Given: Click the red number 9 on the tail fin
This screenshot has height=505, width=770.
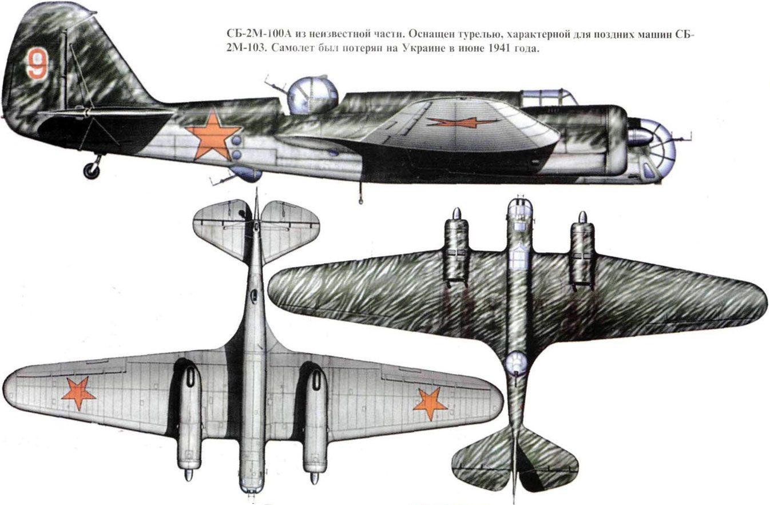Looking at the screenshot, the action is pyautogui.click(x=37, y=63).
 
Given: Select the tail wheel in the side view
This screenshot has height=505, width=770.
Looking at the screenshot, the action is pyautogui.click(x=92, y=171).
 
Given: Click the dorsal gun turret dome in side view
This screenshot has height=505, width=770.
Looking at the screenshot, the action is pyautogui.click(x=312, y=94).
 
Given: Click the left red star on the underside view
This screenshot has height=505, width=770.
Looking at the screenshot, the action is pyautogui.click(x=78, y=393).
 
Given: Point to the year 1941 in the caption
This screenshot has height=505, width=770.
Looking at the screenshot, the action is pyautogui.click(x=498, y=49).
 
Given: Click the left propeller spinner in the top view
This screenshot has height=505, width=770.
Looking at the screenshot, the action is pyautogui.click(x=456, y=213).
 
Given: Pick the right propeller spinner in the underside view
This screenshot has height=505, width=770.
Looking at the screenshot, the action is pyautogui.click(x=315, y=478).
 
